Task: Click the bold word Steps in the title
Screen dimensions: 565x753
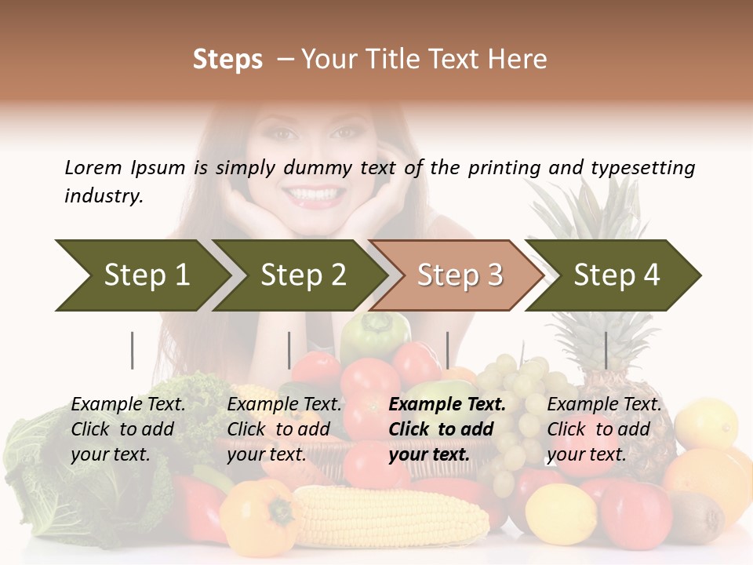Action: point(227,60)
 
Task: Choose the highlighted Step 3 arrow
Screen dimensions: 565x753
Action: point(460,275)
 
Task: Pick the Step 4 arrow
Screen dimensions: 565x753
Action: point(617,275)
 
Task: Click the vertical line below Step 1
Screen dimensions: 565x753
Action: point(133,350)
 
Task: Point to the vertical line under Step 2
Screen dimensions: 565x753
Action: point(289,350)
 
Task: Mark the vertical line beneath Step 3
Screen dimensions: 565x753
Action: point(447,350)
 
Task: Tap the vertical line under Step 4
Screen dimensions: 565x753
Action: point(606,350)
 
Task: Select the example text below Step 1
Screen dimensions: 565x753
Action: point(128,428)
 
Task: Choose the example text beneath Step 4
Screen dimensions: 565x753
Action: point(604,428)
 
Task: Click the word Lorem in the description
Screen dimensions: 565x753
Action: point(93,167)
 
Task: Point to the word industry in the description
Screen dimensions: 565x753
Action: point(103,196)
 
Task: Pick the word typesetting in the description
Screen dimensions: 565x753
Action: point(642,167)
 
